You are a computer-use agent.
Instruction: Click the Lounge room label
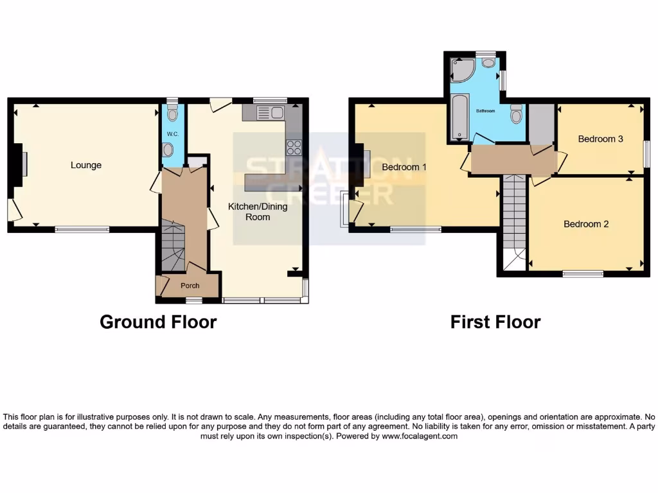[86, 165]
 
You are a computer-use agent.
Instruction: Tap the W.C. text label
[172, 134]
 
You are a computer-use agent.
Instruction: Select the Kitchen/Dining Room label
[258, 211]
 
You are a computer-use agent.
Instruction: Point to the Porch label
[190, 286]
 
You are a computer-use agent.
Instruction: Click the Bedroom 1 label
[404, 167]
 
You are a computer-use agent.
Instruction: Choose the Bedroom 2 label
[586, 224]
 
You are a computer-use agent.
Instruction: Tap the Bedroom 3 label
[600, 139]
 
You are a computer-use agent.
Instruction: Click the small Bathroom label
[485, 111]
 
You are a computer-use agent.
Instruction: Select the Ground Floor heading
[158, 322]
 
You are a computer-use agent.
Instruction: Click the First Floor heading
[495, 322]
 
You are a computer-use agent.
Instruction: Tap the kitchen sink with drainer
[270, 114]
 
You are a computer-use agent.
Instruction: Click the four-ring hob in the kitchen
[294, 147]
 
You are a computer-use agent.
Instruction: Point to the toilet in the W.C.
[171, 114]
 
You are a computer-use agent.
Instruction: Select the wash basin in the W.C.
[168, 150]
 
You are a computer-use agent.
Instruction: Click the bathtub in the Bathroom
[460, 117]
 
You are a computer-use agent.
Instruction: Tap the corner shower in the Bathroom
[462, 71]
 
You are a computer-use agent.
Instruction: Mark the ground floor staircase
[172, 244]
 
